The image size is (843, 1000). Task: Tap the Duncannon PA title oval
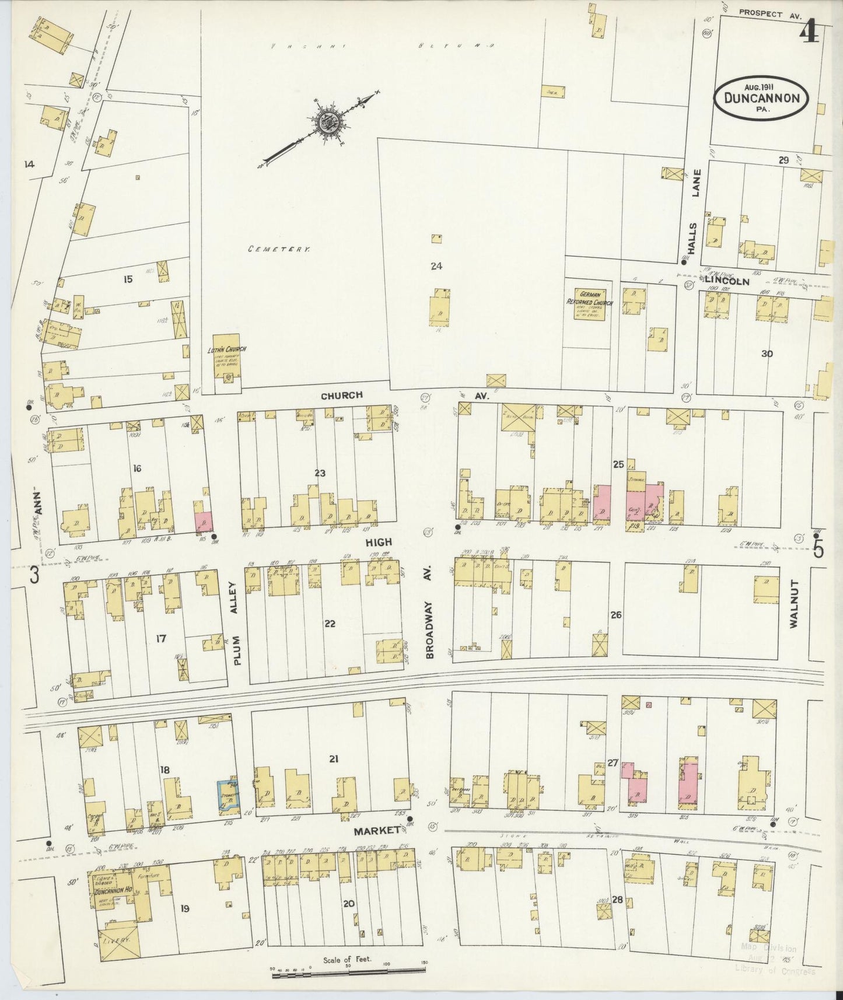[x=761, y=98]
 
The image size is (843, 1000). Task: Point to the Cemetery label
[x=278, y=249]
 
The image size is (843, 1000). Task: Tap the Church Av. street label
[x=342, y=395]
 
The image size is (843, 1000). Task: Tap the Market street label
[x=375, y=830]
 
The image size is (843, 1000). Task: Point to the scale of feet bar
[x=348, y=970]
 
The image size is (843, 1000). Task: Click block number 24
[x=436, y=267]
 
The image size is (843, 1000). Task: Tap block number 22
[x=330, y=624]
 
